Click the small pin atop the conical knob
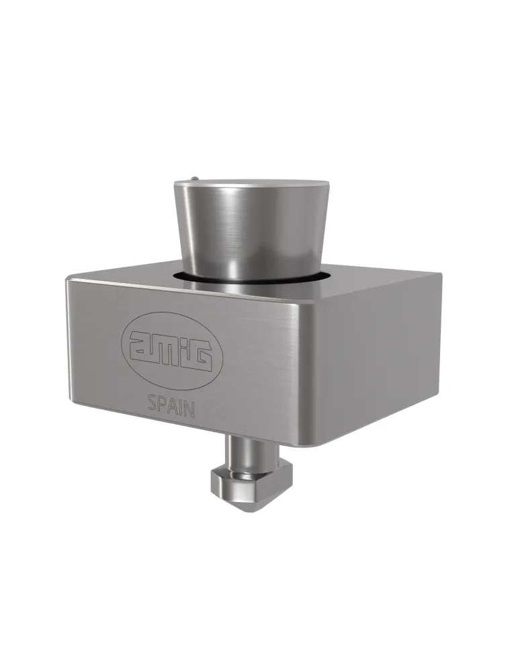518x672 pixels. pyautogui.click(x=195, y=177)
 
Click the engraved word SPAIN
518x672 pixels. pyautogui.click(x=171, y=405)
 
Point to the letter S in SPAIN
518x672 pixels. pyautogui.click(x=152, y=402)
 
